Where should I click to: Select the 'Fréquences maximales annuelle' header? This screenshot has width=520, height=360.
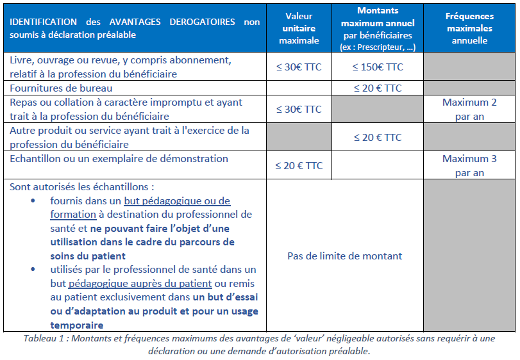pos(470,28)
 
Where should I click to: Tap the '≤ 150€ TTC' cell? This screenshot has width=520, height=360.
pos(378,67)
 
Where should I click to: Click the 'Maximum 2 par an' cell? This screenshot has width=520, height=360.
pos(470,109)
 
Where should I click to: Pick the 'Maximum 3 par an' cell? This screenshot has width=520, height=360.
pos(470,165)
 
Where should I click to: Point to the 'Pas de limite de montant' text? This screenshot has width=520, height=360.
pos(344,256)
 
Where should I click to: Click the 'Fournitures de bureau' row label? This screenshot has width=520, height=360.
pos(61,88)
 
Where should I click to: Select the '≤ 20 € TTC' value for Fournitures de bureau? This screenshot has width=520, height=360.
pos(378,88)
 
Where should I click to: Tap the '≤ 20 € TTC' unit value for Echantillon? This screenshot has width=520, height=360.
pos(299,165)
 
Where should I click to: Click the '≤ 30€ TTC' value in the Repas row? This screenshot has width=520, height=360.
pos(299,109)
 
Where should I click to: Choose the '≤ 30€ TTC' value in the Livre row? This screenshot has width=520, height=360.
pos(299,67)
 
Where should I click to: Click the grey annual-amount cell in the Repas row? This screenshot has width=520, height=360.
pos(378,109)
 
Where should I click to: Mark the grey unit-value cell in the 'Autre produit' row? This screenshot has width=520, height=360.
pos(299,137)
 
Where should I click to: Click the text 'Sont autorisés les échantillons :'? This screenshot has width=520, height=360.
pos(83,187)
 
